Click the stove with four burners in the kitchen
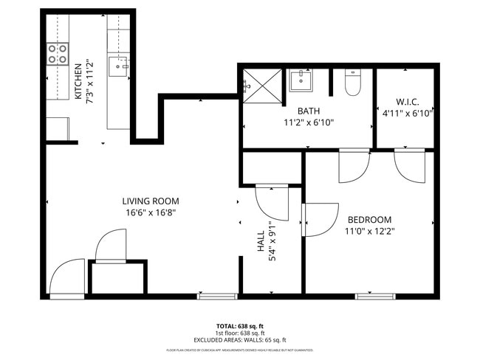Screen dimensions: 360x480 pyautogui.click(x=58, y=53)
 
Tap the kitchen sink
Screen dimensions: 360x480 pyautogui.click(x=118, y=67)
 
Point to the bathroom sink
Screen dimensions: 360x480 pyautogui.click(x=301, y=80)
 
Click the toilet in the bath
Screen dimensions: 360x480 pyautogui.click(x=352, y=83)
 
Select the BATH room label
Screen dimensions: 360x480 pyautogui.click(x=308, y=111)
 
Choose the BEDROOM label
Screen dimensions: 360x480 pyautogui.click(x=369, y=220)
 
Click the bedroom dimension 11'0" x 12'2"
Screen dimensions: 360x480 pyautogui.click(x=369, y=231)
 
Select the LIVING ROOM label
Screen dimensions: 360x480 pyautogui.click(x=151, y=201)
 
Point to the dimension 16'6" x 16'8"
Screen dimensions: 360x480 pyautogui.click(x=151, y=212)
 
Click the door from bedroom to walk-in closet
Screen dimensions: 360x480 pyautogui.click(x=410, y=165)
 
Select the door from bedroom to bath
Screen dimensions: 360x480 pyautogui.click(x=354, y=166)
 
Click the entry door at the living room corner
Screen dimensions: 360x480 pyautogui.click(x=66, y=277)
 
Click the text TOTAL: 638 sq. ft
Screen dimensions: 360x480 pyautogui.click(x=239, y=325)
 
